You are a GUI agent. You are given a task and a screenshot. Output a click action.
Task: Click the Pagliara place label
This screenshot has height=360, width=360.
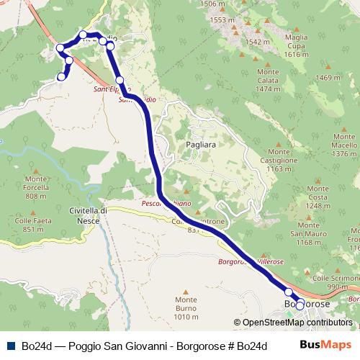pyautogui.click(x=201, y=145)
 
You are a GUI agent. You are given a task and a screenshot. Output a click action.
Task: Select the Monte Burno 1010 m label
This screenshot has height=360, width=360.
pyautogui.click(x=186, y=308)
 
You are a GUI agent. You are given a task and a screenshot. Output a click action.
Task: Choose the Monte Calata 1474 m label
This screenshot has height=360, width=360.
pyautogui.click(x=267, y=80)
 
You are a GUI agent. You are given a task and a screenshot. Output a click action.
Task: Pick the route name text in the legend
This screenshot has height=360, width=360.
pyautogui.click(x=145, y=345)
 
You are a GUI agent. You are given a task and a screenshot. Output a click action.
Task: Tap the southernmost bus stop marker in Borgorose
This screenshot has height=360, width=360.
pyautogui.click(x=300, y=306)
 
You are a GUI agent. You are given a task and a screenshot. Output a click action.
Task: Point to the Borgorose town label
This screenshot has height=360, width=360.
pyautogui.click(x=307, y=305)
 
